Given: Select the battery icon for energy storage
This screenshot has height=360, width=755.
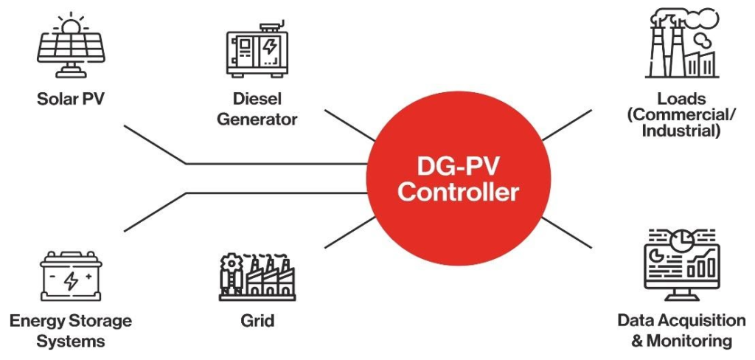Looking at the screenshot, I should (71, 279).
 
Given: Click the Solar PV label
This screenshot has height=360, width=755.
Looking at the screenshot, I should (71, 99).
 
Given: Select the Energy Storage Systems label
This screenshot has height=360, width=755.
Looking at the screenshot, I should (71, 330).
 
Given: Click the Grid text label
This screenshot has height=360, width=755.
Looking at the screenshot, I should (257, 321).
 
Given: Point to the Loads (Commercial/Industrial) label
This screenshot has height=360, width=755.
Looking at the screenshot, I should (681, 114).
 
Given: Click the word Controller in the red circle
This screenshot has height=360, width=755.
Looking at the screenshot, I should (459, 193).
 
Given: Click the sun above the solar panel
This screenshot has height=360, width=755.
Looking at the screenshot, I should (71, 24).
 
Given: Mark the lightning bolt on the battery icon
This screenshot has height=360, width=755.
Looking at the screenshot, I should (72, 281).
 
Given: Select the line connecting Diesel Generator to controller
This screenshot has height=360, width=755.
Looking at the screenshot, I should (349, 125).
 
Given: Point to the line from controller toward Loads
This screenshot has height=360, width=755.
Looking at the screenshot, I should (566, 125).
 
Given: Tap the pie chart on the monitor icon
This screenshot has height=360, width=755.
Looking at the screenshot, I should (686, 241).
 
